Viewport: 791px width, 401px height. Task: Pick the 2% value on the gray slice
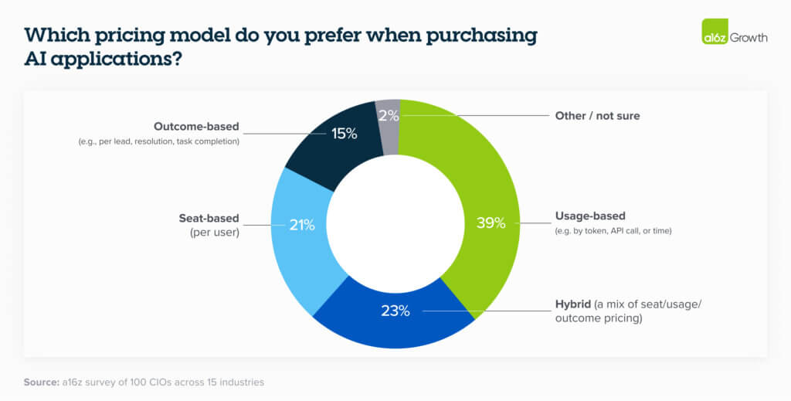[389, 115]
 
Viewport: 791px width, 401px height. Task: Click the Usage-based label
[591, 216]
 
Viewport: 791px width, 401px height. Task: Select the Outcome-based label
[196, 126]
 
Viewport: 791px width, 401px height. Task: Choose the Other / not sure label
[597, 116]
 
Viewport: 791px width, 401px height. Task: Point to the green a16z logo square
[715, 35]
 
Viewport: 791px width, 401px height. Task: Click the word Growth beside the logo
[749, 36]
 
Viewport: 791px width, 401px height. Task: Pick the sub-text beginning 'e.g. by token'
[614, 230]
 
